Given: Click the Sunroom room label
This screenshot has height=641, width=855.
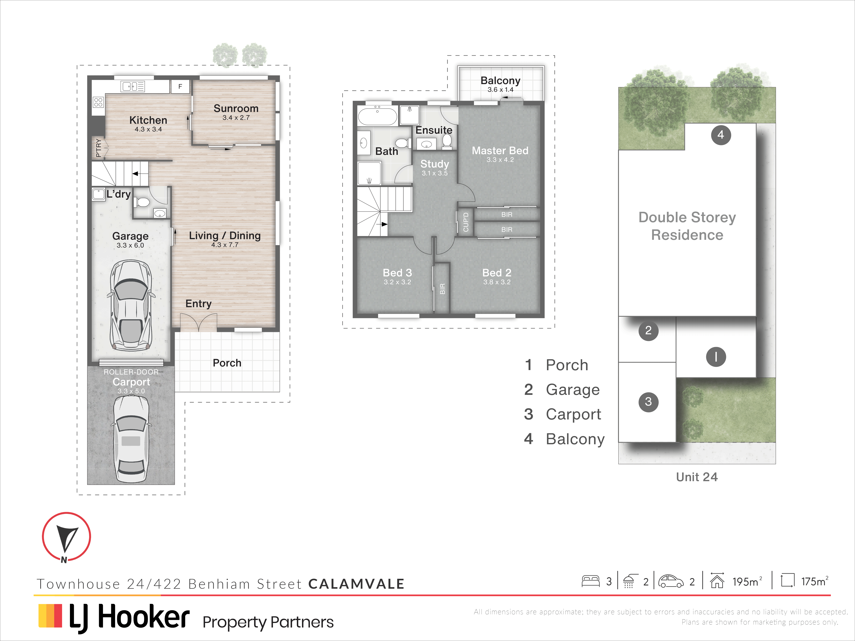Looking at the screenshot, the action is (236, 109).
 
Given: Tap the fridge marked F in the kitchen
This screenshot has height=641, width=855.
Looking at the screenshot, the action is (180, 86).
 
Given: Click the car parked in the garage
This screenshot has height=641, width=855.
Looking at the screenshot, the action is (131, 305).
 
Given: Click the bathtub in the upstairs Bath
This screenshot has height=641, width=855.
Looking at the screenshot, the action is (377, 116).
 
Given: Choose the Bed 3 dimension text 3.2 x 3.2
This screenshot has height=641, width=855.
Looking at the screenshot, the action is (397, 282).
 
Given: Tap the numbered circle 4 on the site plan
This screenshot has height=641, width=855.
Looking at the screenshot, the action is (721, 135).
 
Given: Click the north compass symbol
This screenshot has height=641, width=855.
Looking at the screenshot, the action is (67, 537).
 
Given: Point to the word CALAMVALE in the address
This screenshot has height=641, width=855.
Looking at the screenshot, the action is (356, 584).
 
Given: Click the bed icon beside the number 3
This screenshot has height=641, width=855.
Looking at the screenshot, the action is (591, 581).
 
